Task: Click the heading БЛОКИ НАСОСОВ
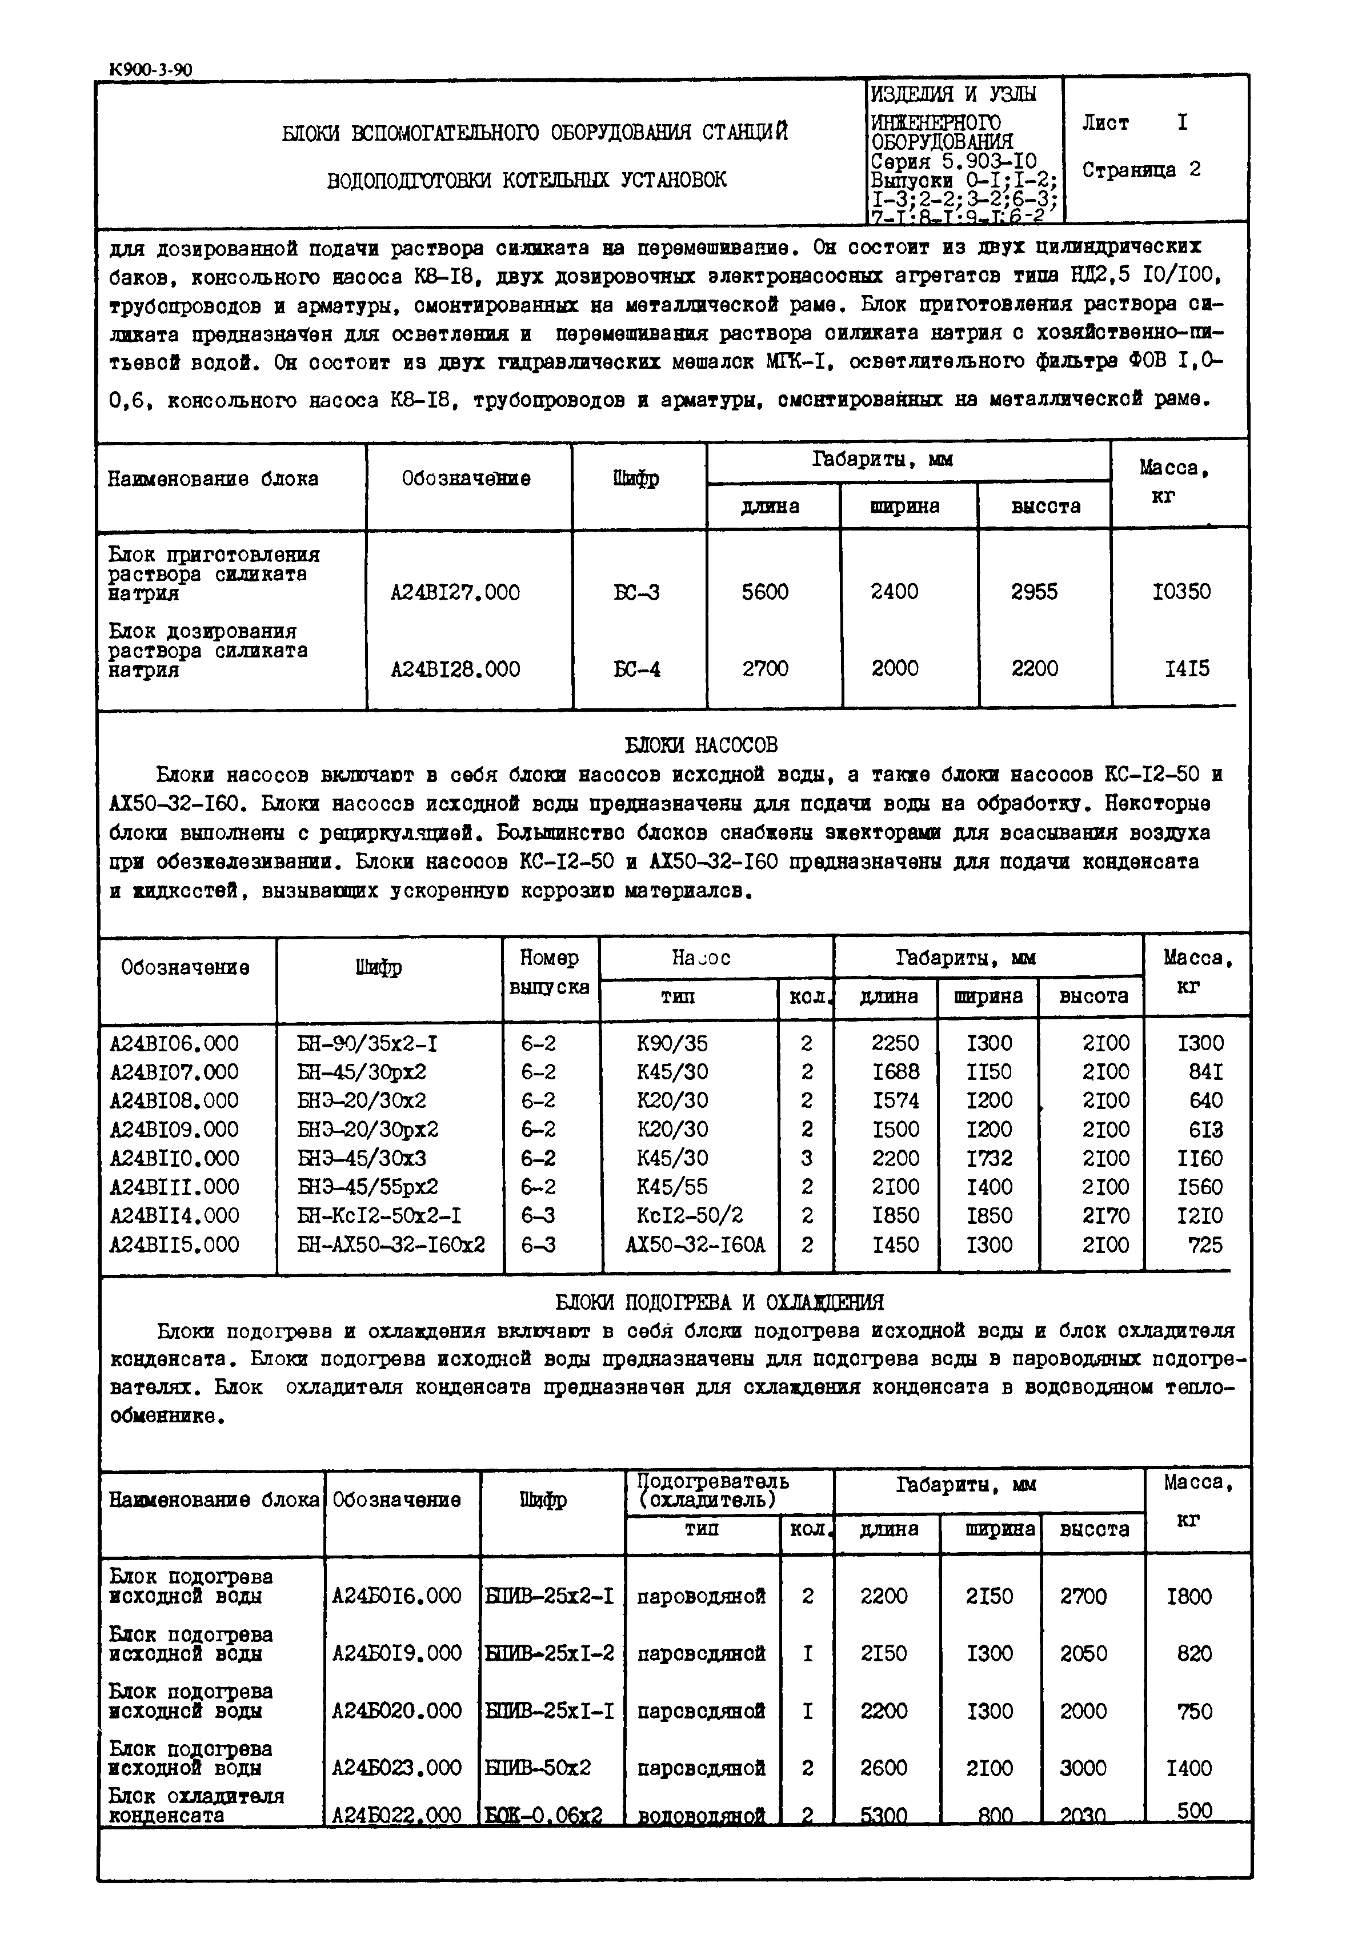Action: [700, 745]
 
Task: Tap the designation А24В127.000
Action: [455, 592]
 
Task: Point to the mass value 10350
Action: [1181, 592]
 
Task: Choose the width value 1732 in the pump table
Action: [989, 1158]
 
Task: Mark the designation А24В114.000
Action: [174, 1216]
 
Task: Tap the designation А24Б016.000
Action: [396, 1596]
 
